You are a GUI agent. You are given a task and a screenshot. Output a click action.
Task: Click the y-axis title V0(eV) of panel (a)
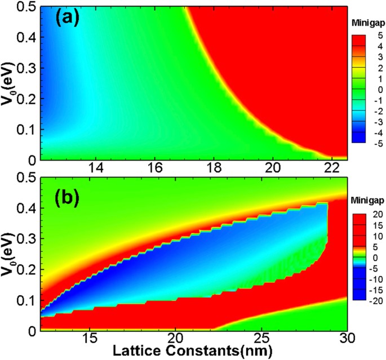pyautogui.click(x=9, y=85)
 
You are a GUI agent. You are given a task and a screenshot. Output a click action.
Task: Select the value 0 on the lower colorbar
pyautogui.click(x=374, y=257)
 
